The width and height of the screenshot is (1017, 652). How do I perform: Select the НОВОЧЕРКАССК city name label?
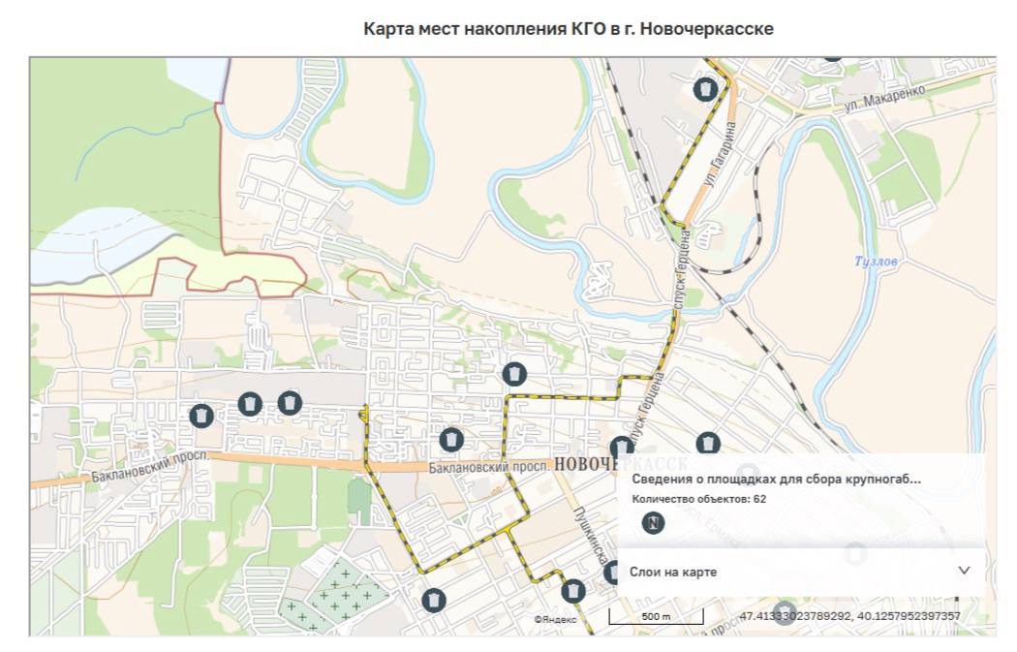[621, 465]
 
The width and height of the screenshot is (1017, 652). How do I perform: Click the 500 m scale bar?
[656, 616]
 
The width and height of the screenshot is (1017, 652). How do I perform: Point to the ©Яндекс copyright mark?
[555, 619]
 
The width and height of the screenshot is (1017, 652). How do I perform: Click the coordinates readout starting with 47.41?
[849, 616]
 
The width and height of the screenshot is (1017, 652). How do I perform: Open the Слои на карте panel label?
[673, 572]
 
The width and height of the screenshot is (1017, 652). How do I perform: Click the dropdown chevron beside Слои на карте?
[964, 571]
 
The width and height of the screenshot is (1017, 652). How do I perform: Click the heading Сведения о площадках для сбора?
[775, 479]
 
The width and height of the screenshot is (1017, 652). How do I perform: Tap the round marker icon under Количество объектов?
[654, 523]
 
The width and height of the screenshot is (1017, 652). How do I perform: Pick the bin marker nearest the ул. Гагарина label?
[705, 89]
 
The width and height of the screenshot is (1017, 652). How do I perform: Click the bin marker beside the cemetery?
[434, 600]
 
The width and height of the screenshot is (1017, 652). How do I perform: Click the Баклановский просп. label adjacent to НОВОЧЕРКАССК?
[488, 467]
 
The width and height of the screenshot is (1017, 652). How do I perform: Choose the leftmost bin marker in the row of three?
[200, 416]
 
